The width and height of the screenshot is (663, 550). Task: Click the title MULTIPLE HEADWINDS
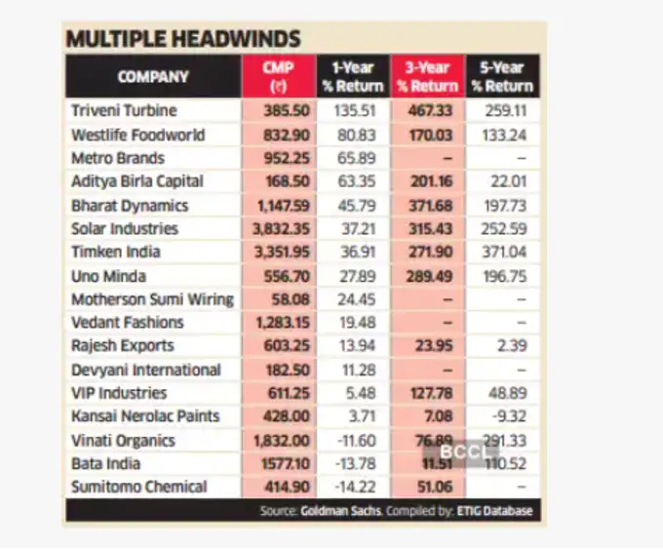pos(182,39)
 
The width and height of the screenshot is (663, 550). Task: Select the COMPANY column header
pos(153,76)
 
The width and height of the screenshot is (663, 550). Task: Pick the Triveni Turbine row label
pos(124,110)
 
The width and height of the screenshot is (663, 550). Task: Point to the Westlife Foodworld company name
pos(137,135)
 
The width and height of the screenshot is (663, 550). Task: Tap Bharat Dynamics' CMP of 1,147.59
pos(279,205)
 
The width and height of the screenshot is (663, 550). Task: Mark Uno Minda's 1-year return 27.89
pos(353,276)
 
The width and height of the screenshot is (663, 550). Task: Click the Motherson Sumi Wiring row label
pos(152,299)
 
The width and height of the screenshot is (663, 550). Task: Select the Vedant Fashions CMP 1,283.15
pos(279,323)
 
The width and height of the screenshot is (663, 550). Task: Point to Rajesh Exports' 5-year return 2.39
pos(511,346)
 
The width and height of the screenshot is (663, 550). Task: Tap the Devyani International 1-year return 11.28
pos(354,370)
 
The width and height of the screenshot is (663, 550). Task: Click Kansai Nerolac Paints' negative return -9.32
pos(508,416)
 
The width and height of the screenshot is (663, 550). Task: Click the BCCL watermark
pos(457,452)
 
